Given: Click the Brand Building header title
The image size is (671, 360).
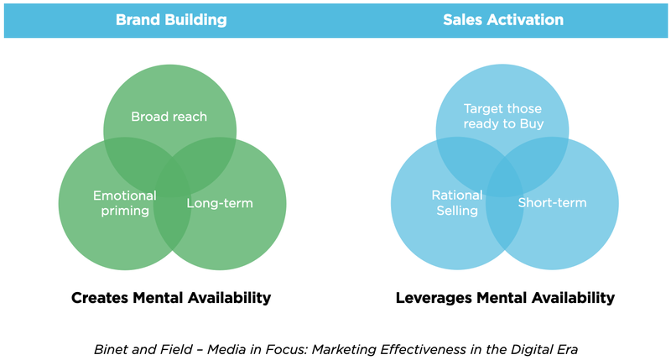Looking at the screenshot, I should click(171, 19).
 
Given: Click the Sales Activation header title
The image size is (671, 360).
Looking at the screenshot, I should click(502, 19).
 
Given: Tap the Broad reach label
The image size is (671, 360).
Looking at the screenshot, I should click(169, 117).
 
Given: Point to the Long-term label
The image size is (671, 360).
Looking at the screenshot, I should click(219, 203).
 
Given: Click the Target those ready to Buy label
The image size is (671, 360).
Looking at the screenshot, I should click(502, 117).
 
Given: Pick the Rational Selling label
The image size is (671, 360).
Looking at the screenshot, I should click(457, 203).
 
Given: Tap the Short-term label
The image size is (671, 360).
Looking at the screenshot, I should click(552, 203).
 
